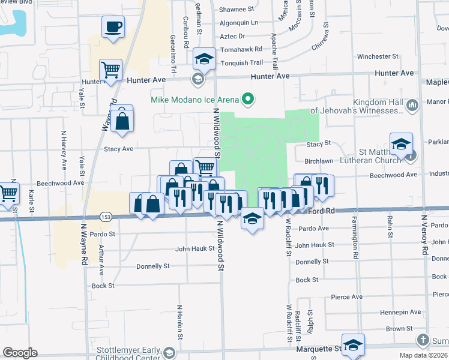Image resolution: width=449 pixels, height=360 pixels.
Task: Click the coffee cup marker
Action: tap(113, 27)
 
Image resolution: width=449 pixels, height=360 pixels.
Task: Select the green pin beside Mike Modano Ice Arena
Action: tap(247, 99)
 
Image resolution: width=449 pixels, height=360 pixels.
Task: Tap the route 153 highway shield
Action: tap(106, 217)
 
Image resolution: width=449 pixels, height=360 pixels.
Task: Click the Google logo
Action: tap(20, 353)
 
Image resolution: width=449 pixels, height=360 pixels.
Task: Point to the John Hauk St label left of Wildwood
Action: tap(194, 249)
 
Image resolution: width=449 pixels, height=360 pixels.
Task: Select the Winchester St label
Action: tap(378, 56)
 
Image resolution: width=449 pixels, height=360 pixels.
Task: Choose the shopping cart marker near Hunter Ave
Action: tap(110, 70)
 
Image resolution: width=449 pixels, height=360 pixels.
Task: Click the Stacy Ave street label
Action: tap(118, 149)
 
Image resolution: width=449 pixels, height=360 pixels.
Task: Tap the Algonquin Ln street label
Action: tap(238, 23)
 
